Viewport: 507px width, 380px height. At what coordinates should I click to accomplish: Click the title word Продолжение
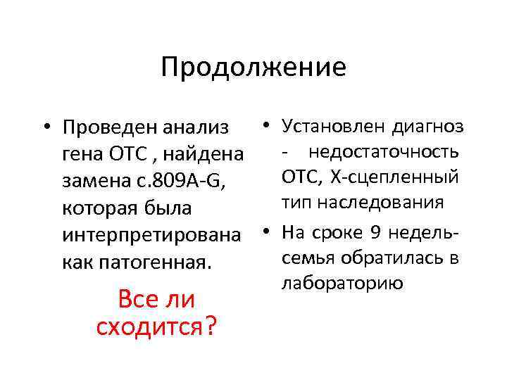click(254, 68)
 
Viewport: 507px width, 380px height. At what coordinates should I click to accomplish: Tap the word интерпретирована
click(137, 235)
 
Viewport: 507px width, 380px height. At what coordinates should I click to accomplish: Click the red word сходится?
click(156, 326)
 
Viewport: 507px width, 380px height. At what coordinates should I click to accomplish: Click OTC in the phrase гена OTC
click(126, 154)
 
